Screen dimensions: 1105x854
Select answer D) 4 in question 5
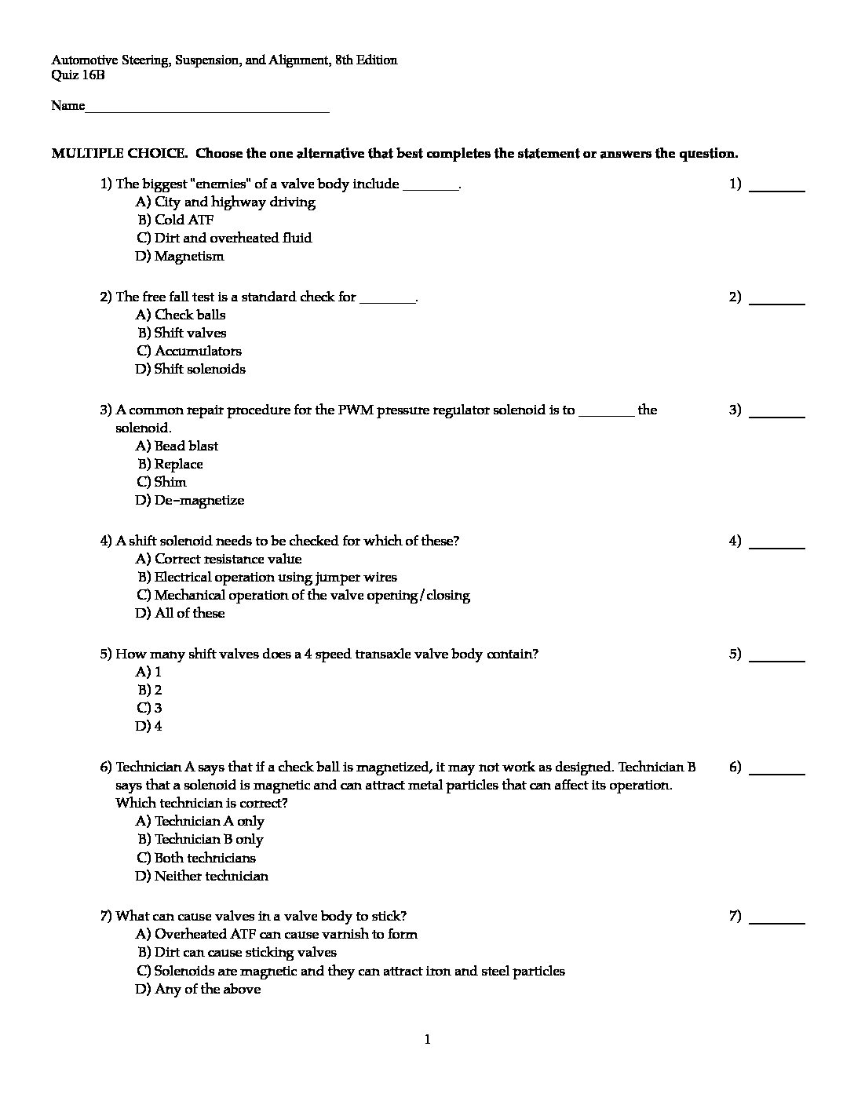(148, 726)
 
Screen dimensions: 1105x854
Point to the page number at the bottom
(428, 1040)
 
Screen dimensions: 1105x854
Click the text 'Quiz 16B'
(78, 75)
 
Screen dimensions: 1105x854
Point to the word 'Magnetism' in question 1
(189, 256)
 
